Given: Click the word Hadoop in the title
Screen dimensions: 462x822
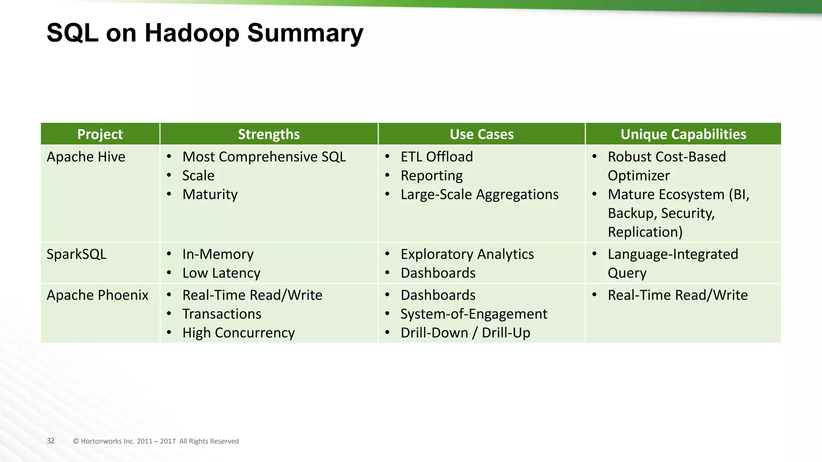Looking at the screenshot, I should click(192, 33).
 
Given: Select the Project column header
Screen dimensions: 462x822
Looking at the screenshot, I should click(100, 134).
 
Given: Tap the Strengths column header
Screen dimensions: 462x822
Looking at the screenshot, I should click(269, 134).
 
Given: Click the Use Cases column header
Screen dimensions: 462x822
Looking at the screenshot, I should click(481, 134).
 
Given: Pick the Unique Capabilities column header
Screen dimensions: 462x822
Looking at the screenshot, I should click(683, 134).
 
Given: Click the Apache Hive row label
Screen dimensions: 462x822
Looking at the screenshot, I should click(86, 157).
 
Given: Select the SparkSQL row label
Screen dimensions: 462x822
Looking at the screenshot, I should click(76, 254).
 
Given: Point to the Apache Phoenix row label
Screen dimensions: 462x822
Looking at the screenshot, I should click(98, 295).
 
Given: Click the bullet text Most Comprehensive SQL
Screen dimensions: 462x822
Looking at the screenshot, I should click(264, 157).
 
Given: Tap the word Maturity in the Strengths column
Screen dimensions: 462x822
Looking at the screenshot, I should click(210, 195).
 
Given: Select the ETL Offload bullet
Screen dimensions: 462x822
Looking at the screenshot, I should click(437, 157).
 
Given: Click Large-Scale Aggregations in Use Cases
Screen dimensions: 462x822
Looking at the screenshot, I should click(479, 195).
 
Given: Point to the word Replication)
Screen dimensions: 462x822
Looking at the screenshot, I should click(645, 232).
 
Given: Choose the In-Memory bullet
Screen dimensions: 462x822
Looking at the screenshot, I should click(218, 254).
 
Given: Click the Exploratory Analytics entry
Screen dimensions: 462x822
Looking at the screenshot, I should click(467, 254).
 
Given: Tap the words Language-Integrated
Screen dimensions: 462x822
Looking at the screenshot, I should click(673, 254).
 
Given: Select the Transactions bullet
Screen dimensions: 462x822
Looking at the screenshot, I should click(222, 314).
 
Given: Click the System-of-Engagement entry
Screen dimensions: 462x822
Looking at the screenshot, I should click(474, 314).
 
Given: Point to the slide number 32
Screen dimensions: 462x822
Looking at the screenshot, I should click(51, 441).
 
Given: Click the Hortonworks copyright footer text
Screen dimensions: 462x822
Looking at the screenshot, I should click(156, 441).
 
